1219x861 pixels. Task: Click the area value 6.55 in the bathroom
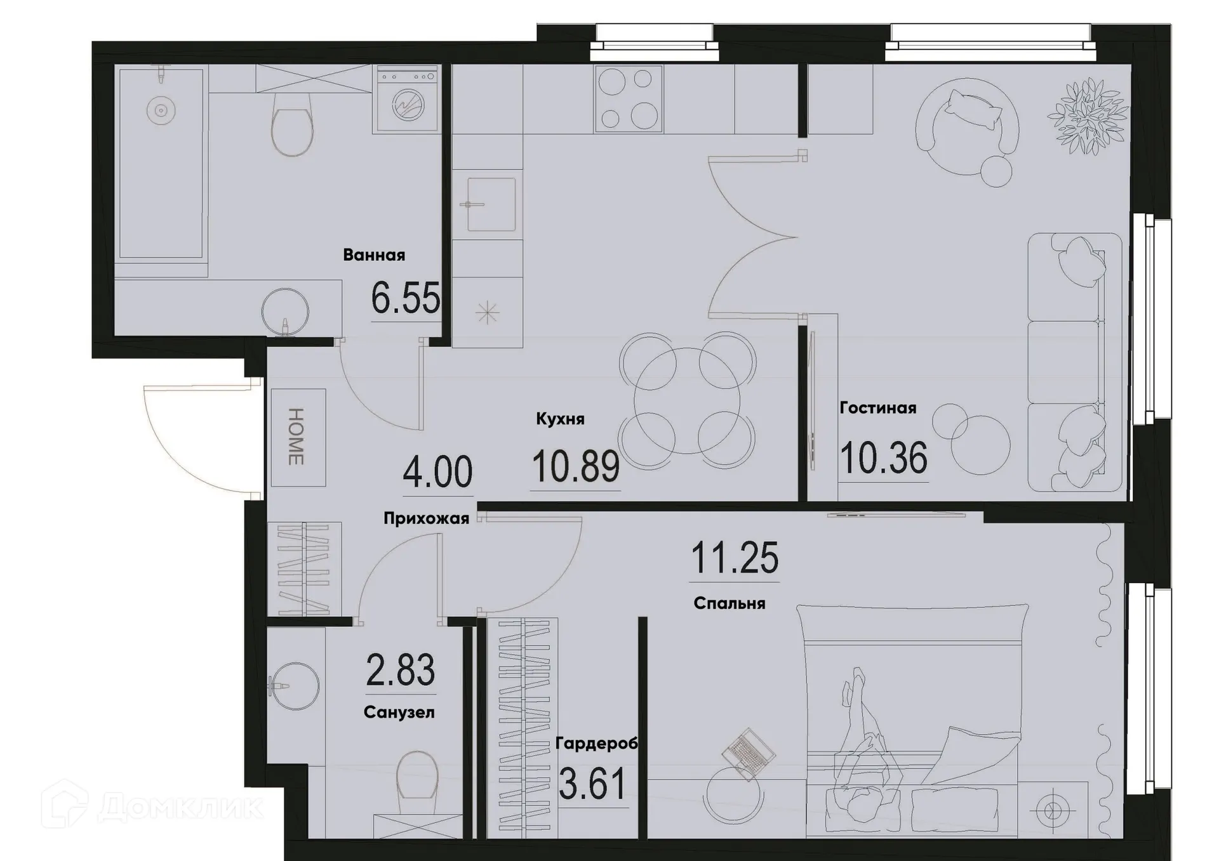tap(405, 298)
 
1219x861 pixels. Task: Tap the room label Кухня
tap(560, 419)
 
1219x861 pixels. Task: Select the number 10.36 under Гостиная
tap(883, 458)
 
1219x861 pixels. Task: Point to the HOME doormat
tap(297, 437)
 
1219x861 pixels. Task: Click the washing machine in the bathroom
tap(407, 99)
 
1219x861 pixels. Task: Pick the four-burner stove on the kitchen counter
tap(629, 99)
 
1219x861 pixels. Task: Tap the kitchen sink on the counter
tap(489, 204)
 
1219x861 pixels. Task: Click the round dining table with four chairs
tap(687, 400)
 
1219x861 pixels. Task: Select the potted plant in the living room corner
tap(1088, 115)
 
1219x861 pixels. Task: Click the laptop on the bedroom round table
tap(749, 753)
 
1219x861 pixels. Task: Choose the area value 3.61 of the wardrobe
tap(592, 784)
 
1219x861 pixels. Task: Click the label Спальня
tap(729, 603)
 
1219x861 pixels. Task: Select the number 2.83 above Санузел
tap(400, 670)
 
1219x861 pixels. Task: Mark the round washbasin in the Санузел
tap(294, 687)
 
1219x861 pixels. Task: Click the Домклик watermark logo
tap(152, 806)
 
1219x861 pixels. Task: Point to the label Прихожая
tap(426, 519)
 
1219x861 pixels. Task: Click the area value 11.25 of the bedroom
tap(734, 558)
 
